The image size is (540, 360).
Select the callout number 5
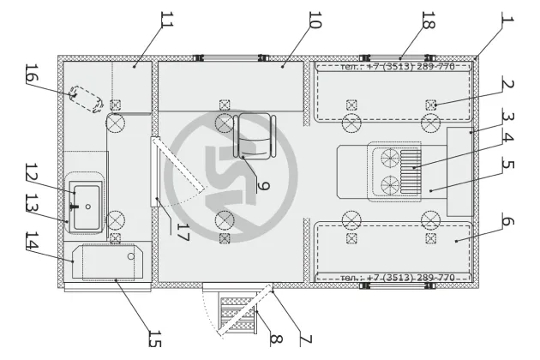[x=507, y=164]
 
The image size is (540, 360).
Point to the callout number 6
[x=507, y=222]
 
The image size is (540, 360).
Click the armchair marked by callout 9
[x=255, y=135]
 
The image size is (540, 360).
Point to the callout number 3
[x=507, y=118]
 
